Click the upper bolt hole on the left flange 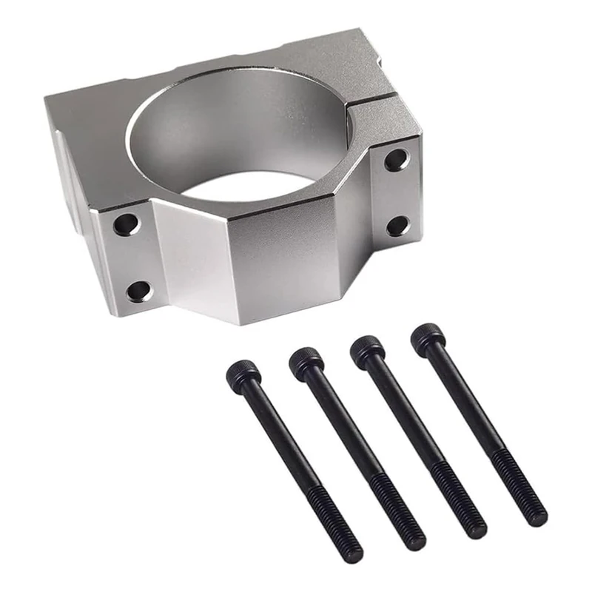pyautogui.click(x=127, y=223)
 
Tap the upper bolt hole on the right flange pyautogui.click(x=396, y=159)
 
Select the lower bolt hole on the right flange pyautogui.click(x=398, y=226)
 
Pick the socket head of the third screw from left pyautogui.click(x=367, y=349)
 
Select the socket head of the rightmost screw pyautogui.click(x=428, y=337)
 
